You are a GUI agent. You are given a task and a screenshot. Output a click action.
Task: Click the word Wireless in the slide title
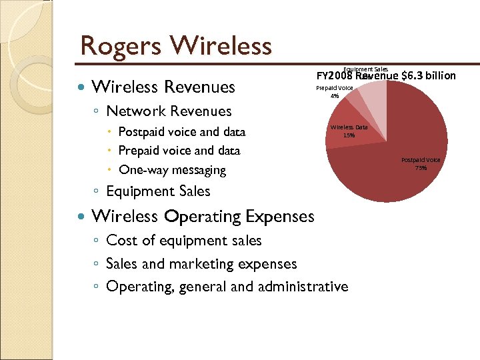221,47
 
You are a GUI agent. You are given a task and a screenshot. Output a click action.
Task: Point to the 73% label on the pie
421,168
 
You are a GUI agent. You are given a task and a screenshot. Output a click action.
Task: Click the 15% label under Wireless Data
349,135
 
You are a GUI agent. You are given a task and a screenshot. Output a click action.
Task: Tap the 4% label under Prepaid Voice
335,96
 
